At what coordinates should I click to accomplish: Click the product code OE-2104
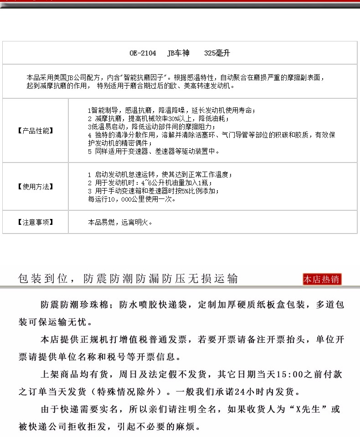(x=143, y=53)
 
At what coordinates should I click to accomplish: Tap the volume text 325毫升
(x=217, y=53)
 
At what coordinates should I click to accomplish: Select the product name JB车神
(x=178, y=53)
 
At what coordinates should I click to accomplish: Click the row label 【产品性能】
(x=35, y=131)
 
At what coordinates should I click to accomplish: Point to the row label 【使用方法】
(x=35, y=187)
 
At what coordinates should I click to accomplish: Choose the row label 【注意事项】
(x=35, y=222)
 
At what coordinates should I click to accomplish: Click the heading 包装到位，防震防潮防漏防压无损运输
(x=128, y=279)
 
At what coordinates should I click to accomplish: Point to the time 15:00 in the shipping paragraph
(x=292, y=375)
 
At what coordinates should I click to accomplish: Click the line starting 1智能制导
(x=171, y=111)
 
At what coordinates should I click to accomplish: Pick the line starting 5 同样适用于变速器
(x=154, y=151)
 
